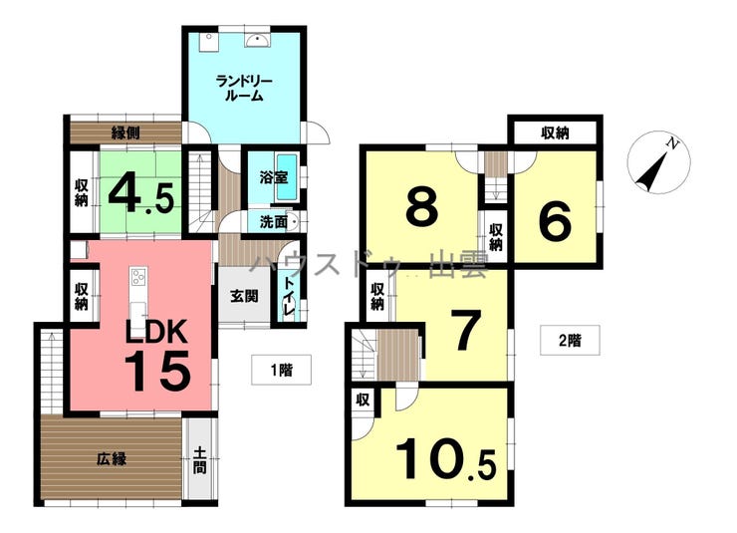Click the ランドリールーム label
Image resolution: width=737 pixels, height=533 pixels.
pos(244,89)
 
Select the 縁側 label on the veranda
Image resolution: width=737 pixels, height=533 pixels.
pos(125,133)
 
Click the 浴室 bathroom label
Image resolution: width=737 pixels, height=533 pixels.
pos(274,177)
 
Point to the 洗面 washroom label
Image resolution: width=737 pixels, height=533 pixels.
pos(274,222)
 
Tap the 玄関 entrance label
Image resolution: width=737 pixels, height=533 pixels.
pos(244,296)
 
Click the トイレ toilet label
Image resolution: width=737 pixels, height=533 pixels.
pos(288,296)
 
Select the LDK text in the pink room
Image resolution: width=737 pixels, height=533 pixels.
pos(156,331)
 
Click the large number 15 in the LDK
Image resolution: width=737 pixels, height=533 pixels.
pos(158,371)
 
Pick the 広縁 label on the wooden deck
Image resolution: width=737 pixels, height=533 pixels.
pos(112,458)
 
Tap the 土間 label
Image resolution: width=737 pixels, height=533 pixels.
pos(200,460)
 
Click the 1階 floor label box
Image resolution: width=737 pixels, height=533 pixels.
pos(281,370)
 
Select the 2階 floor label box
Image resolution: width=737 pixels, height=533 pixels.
pos(570,340)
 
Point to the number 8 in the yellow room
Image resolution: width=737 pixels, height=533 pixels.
pos(422,206)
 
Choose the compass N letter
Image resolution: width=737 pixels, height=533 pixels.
pos(673,143)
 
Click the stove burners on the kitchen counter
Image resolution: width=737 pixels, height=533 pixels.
pos(138,276)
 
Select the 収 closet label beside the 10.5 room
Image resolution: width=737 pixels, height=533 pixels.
pos(363,400)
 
